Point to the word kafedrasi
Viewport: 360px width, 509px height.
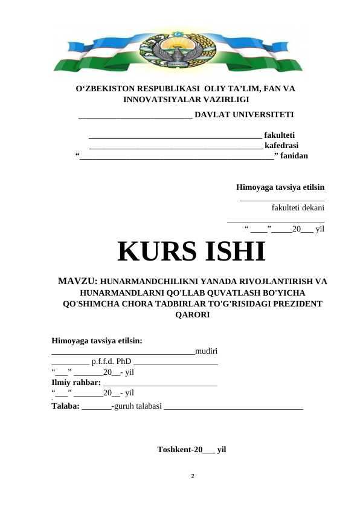coord(281,145)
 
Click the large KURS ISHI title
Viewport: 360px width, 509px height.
coord(191,252)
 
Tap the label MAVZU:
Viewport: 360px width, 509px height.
coord(77,282)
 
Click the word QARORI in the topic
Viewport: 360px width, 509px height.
coord(191,315)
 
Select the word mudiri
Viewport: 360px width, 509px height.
coord(207,351)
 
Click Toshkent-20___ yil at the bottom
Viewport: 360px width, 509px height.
coord(191,450)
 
